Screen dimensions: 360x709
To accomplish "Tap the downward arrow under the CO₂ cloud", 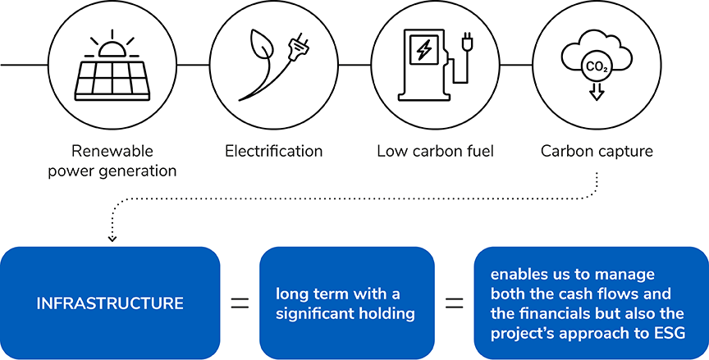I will click(x=597, y=91).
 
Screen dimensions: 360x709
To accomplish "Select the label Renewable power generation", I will click(x=112, y=161).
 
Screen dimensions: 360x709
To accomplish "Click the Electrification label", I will click(x=273, y=151).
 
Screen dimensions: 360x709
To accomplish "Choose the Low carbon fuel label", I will click(x=435, y=151).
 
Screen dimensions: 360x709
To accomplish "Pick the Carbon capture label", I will click(x=596, y=151).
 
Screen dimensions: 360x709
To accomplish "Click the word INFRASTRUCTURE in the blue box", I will click(x=110, y=303).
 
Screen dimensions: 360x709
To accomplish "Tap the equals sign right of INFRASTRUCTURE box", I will click(x=239, y=303).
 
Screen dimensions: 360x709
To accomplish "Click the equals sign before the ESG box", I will click(x=454, y=303).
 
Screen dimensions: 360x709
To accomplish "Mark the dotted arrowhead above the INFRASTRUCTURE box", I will click(x=112, y=239).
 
